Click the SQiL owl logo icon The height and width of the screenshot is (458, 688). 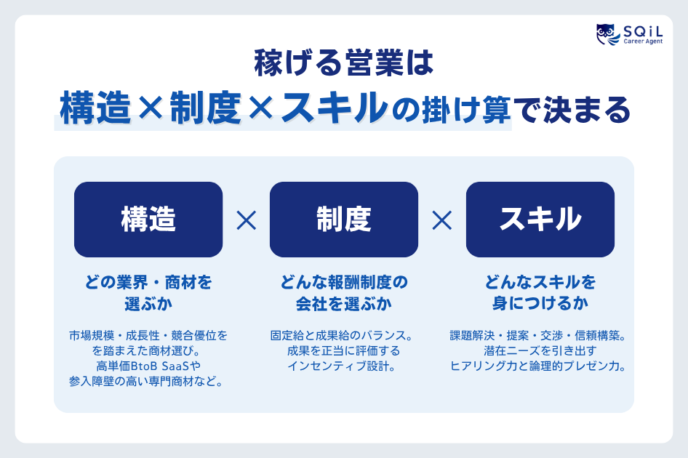tap(607, 34)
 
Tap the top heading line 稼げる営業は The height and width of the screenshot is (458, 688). tap(343, 64)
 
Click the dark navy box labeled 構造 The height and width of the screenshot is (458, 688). tap(148, 219)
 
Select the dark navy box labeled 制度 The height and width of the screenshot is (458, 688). tap(343, 219)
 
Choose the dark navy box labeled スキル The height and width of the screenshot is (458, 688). tap(540, 219)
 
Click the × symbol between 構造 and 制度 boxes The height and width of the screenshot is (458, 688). tap(247, 220)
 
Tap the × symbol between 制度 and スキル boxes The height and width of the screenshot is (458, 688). tap(441, 220)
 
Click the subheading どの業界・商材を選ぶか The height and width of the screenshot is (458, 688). tap(148, 292)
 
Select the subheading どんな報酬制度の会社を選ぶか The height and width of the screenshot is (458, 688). tap(343, 292)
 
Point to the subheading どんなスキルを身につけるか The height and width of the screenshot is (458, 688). tap(540, 292)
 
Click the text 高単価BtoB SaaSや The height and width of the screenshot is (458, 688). tap(148, 366)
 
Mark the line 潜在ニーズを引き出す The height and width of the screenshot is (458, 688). tap(539, 351)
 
